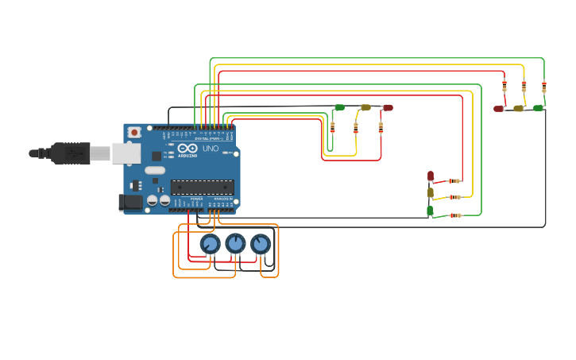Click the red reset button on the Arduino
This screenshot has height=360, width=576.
click(x=134, y=132)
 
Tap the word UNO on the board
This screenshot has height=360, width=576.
click(x=211, y=149)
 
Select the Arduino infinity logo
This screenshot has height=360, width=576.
click(x=187, y=149)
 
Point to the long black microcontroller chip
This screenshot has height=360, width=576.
click(x=203, y=188)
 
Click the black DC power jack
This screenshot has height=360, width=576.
click(x=130, y=203)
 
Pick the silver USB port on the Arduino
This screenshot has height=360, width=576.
click(x=125, y=153)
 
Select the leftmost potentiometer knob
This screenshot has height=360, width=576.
click(x=210, y=244)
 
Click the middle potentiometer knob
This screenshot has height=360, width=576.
click(x=235, y=243)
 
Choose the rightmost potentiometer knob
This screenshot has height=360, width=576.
click(x=261, y=244)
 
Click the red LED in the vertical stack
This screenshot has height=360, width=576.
click(x=431, y=176)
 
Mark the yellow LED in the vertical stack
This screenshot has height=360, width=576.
click(x=431, y=192)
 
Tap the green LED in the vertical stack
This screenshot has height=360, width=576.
click(x=431, y=211)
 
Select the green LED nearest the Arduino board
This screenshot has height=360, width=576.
click(x=339, y=107)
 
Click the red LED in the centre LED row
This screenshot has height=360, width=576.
click(x=388, y=107)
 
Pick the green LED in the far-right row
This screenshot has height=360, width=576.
click(x=538, y=107)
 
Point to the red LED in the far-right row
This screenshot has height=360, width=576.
click(x=498, y=108)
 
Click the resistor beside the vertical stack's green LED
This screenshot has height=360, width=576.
click(x=455, y=215)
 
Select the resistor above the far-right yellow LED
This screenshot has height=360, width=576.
click(x=524, y=87)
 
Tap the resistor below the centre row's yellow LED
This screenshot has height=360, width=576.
click(x=356, y=127)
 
